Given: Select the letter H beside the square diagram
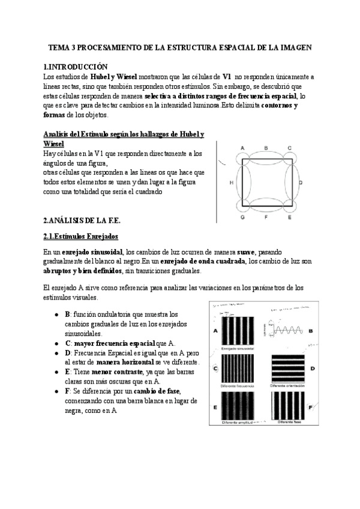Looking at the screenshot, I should tap(231, 181).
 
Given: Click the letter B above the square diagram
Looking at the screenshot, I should tap(266, 148).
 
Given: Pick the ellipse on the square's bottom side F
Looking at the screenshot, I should tap(266, 205).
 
